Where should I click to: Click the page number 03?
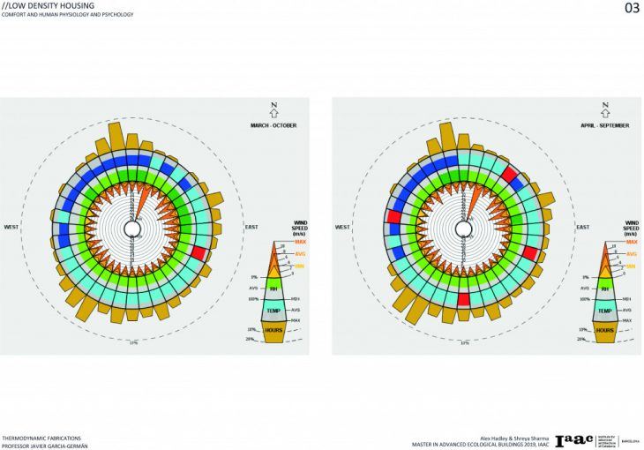coord(631,9)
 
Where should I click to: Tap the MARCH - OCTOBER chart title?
coord(273,125)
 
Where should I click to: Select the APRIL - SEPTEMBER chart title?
coord(604,125)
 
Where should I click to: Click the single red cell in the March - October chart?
coord(199,252)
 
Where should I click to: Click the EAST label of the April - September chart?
coord(582,227)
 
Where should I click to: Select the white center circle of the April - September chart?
coord(463,229)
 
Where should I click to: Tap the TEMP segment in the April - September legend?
coord(604,311)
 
